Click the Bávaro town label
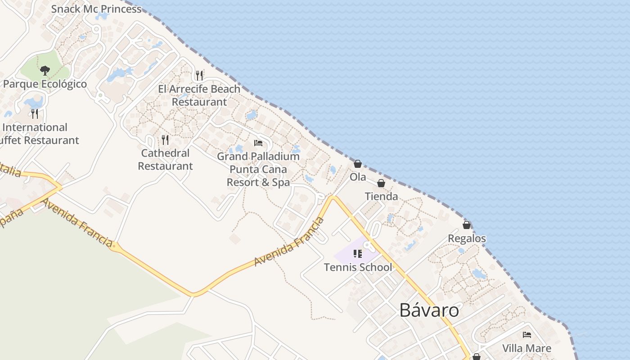[429, 310]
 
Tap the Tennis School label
[358, 267]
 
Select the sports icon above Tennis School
[358, 254]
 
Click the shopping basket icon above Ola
[358, 164]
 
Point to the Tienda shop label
[381, 196]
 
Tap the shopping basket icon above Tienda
[381, 183]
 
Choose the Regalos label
[467, 238]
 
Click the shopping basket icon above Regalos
[467, 225]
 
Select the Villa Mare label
[526, 348]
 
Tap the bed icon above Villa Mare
[526, 335]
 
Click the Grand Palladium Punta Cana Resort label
[258, 169]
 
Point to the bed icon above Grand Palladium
[258, 143]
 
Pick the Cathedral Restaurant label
[165, 159]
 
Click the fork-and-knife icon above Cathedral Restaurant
[165, 140]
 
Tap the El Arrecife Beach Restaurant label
[199, 95]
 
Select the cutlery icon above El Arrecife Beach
[199, 75]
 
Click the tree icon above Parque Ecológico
[45, 70]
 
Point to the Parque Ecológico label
[45, 84]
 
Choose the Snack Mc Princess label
[96, 9]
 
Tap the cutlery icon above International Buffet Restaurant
[35, 113]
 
